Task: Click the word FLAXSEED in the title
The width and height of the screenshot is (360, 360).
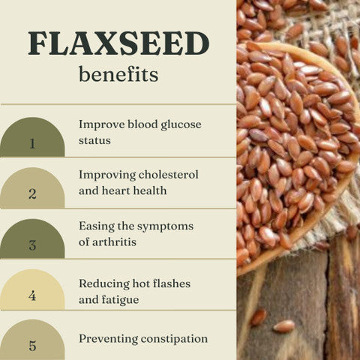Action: pyautogui.click(x=118, y=44)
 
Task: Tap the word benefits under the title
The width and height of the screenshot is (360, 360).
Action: pyautogui.click(x=118, y=75)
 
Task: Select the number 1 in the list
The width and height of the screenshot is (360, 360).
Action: pyautogui.click(x=32, y=143)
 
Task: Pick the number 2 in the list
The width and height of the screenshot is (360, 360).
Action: pyautogui.click(x=32, y=193)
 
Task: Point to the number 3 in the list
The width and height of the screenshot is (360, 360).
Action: pyautogui.click(x=32, y=244)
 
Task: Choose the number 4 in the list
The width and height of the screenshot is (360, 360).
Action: pyautogui.click(x=32, y=295)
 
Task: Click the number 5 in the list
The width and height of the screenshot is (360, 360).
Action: pyautogui.click(x=32, y=346)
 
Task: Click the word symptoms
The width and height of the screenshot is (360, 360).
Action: pyautogui.click(x=165, y=226)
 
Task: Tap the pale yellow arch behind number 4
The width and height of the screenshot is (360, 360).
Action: pyautogui.click(x=31, y=283)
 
